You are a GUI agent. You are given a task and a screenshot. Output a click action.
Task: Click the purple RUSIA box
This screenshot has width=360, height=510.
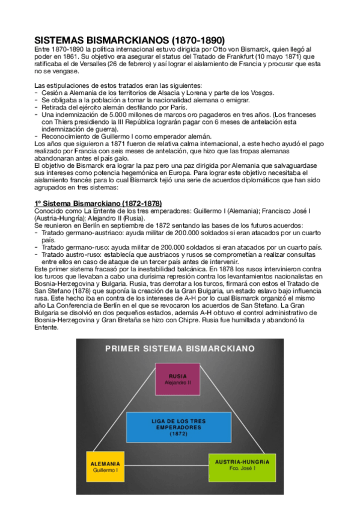tap(178, 379)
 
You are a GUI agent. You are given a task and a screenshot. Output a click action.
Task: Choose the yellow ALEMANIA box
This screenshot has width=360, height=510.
tap(105, 467)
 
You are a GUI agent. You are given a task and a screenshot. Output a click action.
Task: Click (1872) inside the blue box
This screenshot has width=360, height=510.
tap(178, 433)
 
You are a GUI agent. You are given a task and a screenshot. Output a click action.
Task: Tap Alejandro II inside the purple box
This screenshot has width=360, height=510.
tap(178, 382)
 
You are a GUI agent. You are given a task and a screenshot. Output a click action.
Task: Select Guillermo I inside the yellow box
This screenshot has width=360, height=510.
tap(105, 471)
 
